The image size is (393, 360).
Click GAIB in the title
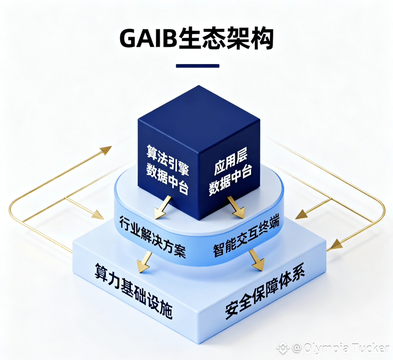(148, 38)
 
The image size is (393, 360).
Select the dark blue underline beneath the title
(197, 66)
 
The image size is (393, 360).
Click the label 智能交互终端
(246, 236)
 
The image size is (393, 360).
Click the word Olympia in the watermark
(322, 348)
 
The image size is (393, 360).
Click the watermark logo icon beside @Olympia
(283, 348)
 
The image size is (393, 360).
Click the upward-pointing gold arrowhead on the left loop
(105, 150)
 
